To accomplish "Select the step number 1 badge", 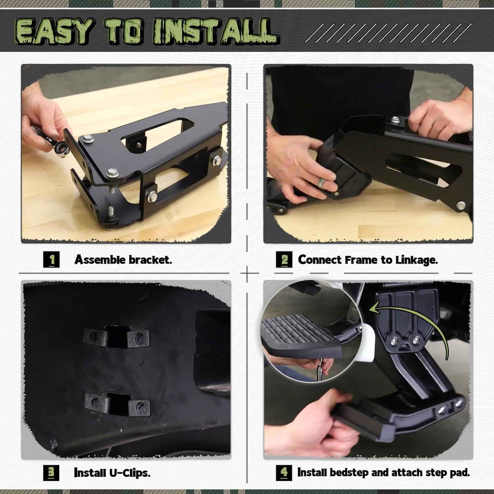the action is pos(51,259).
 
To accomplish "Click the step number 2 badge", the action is pos(284,260).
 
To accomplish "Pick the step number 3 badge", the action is pos(51,473).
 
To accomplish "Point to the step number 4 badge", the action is pos(284,472).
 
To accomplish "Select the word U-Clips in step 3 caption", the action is pos(130,473).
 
